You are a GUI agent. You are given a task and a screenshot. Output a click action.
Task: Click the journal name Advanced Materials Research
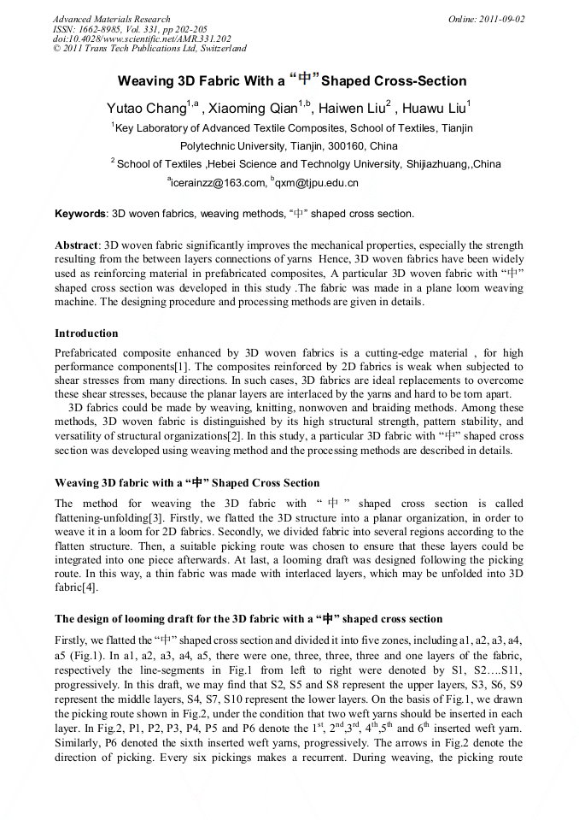(x=111, y=19)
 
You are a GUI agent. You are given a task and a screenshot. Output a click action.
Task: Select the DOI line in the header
(x=142, y=38)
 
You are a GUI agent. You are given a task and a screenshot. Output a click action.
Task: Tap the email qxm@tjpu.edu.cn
(x=317, y=182)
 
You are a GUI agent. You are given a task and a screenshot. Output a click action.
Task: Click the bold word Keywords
(x=80, y=214)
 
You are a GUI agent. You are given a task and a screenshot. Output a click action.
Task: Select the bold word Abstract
(x=76, y=245)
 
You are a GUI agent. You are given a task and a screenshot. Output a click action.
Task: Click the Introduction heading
(x=86, y=333)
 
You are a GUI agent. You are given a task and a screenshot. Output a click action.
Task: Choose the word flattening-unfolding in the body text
(x=101, y=517)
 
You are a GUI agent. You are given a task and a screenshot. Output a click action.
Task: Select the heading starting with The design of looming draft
(x=249, y=619)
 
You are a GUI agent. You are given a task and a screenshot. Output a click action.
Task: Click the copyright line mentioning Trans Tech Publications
(x=149, y=49)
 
